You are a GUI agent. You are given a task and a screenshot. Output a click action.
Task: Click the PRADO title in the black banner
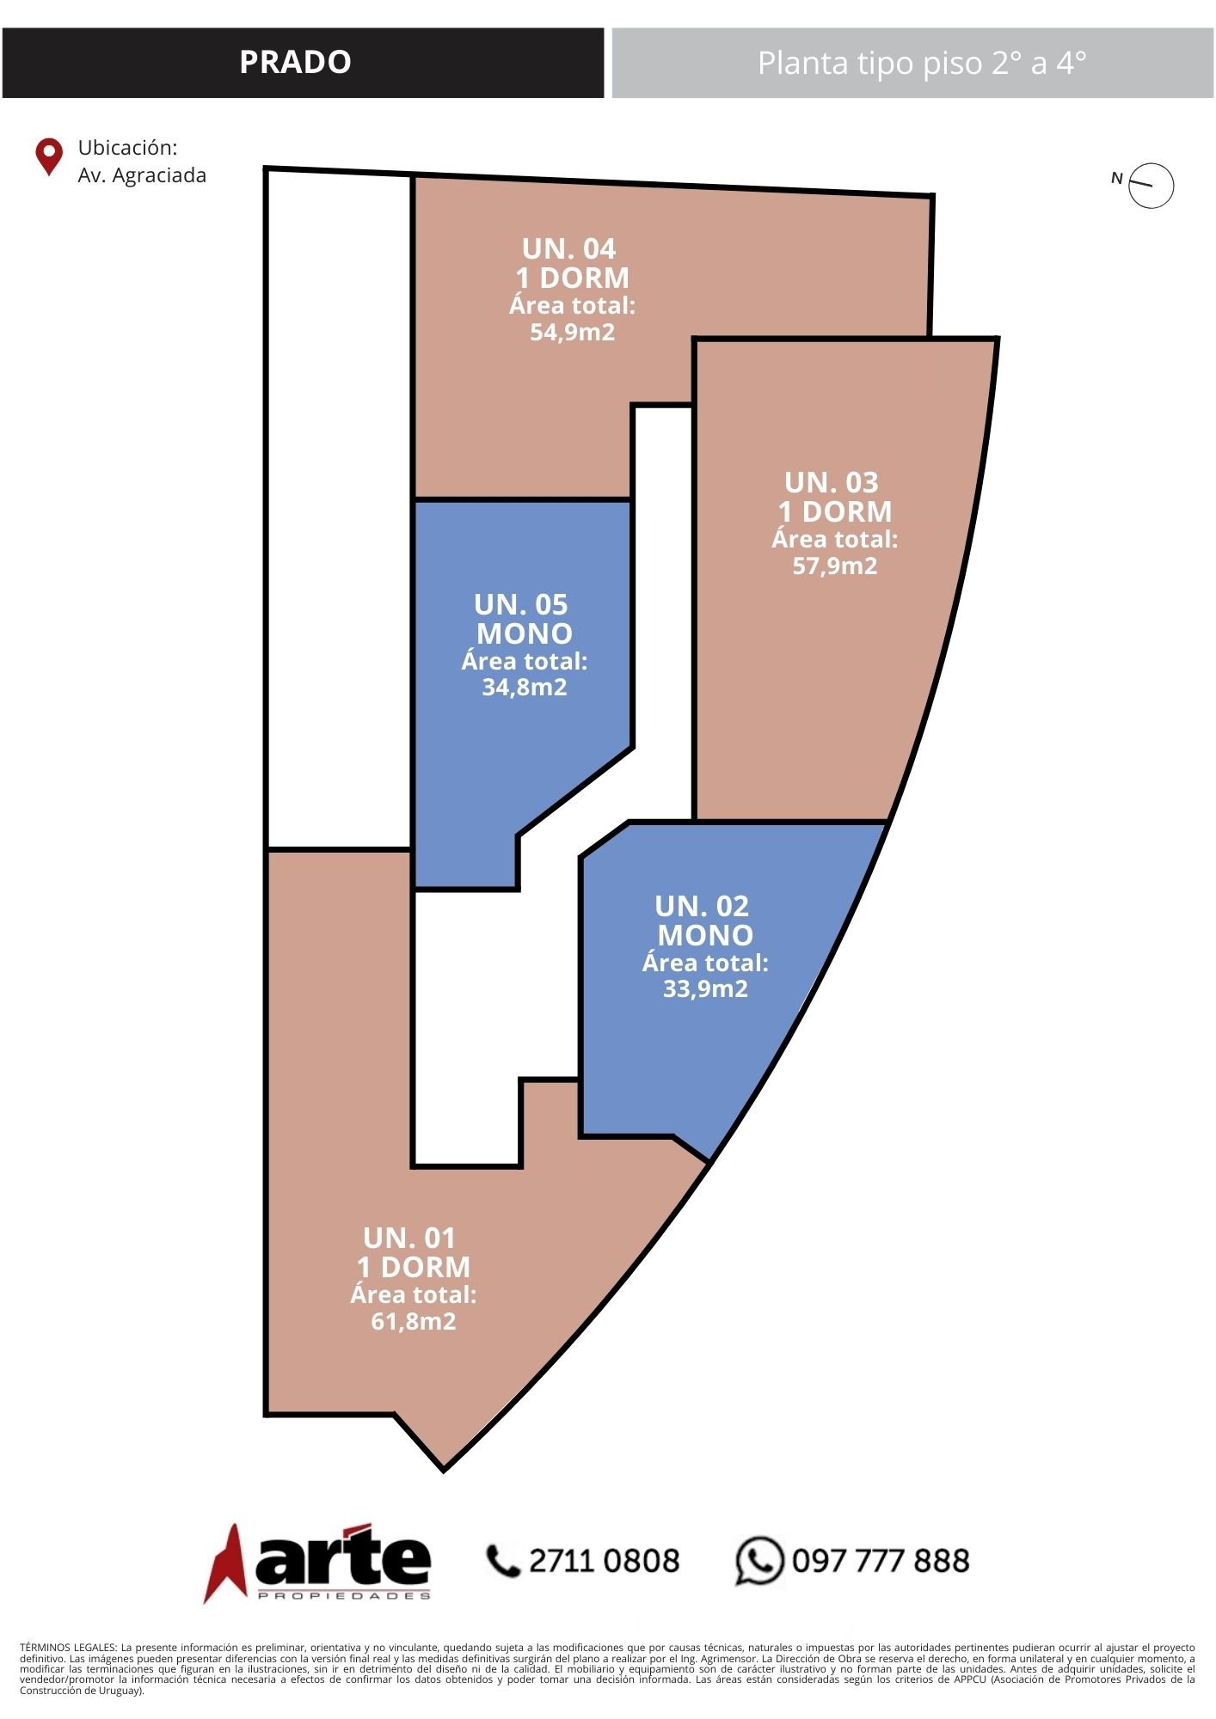tap(295, 62)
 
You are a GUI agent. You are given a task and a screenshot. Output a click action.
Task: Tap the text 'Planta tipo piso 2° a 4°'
tap(921, 63)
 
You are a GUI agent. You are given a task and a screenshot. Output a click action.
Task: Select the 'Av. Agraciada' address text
tap(142, 175)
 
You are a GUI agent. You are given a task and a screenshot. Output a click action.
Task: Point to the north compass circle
tap(1152, 164)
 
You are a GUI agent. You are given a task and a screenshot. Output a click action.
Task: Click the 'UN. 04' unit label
tap(569, 248)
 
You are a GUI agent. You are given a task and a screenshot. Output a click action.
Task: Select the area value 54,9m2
tap(573, 332)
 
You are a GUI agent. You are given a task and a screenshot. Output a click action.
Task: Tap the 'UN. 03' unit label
tap(832, 482)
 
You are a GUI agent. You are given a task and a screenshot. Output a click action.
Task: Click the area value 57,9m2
tap(835, 566)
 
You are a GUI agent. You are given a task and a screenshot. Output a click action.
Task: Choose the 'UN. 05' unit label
tap(521, 604)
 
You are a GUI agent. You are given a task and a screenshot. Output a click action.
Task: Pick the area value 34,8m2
tap(525, 687)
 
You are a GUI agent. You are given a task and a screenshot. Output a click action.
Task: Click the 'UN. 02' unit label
tap(702, 906)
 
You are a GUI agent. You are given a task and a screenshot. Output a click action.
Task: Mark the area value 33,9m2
tap(705, 988)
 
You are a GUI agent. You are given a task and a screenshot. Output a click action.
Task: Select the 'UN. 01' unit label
tap(409, 1238)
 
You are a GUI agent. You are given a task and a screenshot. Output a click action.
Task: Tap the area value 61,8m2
tap(414, 1321)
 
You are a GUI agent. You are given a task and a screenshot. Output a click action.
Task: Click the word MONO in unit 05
tap(525, 633)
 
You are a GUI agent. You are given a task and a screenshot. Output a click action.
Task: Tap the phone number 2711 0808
tap(604, 1561)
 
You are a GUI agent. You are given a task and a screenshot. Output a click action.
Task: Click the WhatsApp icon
tap(759, 1561)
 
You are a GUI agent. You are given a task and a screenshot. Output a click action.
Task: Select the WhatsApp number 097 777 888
tap(881, 1561)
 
